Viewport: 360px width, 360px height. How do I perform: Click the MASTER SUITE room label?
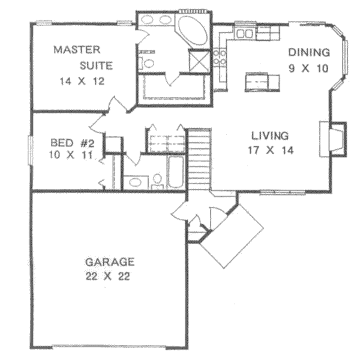point(83,57)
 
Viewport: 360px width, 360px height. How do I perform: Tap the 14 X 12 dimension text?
point(82,82)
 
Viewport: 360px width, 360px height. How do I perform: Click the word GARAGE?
point(110,262)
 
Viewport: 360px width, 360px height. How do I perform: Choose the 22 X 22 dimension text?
point(108,276)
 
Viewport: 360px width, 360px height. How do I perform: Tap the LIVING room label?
point(270,135)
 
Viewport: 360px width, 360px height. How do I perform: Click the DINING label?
point(309,53)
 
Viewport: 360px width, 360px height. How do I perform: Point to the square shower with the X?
point(199,61)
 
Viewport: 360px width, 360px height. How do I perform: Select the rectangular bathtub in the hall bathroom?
point(176,172)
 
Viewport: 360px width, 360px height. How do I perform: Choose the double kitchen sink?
point(244,34)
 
